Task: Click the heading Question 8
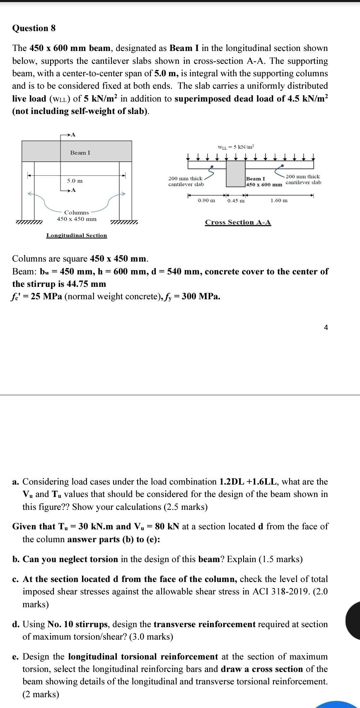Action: click(x=34, y=28)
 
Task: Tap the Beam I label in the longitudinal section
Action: click(x=80, y=153)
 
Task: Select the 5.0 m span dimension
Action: click(x=75, y=181)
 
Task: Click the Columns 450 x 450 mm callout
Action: click(x=77, y=216)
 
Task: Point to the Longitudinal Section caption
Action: click(x=77, y=235)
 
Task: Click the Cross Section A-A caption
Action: click(x=238, y=222)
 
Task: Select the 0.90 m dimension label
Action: click(x=206, y=201)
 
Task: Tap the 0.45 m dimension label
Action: click(x=236, y=201)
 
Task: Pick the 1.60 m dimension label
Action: click(x=279, y=201)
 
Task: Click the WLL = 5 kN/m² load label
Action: click(x=235, y=147)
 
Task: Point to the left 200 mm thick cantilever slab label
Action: click(x=186, y=181)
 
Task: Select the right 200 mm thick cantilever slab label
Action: click(x=303, y=179)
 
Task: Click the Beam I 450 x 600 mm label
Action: click(x=264, y=182)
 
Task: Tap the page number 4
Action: click(x=326, y=327)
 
